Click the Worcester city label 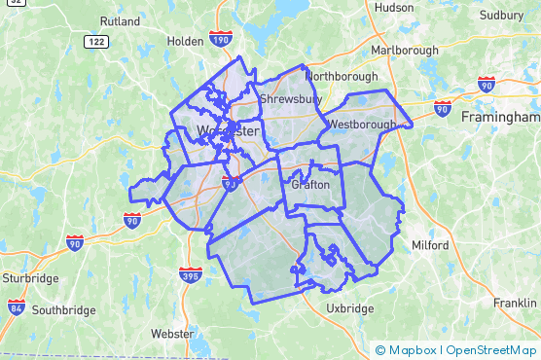pos(227,130)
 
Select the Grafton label pos(309,184)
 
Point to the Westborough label pos(362,125)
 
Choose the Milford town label pos(429,245)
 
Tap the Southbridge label pos(63,310)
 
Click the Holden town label pos(185,42)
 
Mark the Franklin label pos(515,303)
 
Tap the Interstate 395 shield pos(192,275)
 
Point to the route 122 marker pos(95,42)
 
